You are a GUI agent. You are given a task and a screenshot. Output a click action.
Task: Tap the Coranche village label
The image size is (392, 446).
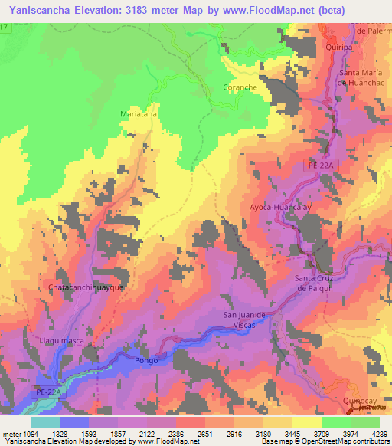pos(240,87)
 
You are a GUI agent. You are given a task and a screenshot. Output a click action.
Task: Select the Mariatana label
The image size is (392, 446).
pos(139,113)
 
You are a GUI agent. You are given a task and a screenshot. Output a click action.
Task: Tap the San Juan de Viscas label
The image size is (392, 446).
pos(243,320)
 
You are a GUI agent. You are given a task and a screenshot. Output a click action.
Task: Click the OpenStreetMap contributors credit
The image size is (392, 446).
pos(353,441)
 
